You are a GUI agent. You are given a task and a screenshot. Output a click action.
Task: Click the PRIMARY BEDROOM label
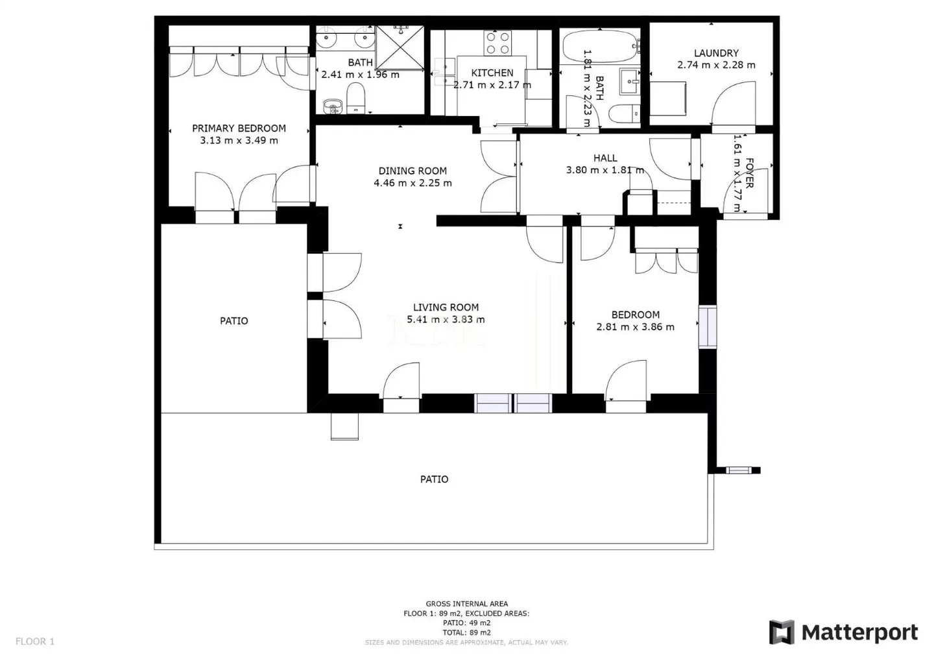coord(239,128)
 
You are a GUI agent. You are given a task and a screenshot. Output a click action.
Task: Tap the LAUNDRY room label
coord(716,53)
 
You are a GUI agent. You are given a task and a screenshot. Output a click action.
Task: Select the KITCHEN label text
coord(492,73)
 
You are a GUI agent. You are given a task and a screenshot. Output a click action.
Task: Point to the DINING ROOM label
coord(413,171)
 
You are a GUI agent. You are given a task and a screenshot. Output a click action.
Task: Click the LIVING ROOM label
coord(446,307)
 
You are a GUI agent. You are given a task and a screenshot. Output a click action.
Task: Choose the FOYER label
coord(749,173)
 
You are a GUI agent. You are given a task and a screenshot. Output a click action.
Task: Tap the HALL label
coord(605,158)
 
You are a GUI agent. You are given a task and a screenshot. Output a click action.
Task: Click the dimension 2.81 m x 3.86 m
coord(635,327)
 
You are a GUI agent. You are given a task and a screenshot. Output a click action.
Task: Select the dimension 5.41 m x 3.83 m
coord(446,319)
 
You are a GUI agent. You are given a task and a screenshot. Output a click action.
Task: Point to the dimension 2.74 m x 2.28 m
coord(716,65)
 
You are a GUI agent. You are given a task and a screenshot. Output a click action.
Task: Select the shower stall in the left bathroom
coord(400,47)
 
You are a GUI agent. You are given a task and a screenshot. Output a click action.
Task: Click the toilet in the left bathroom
coord(356,101)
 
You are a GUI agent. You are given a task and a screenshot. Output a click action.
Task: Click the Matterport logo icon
coord(781,632)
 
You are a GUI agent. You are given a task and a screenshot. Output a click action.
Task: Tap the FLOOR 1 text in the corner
coord(35,642)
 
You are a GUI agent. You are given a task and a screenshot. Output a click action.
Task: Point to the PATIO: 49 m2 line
coord(466,623)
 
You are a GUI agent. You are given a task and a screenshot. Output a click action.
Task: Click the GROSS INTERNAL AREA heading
coord(466,604)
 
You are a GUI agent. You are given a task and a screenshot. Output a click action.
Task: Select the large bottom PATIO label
coord(434,479)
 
